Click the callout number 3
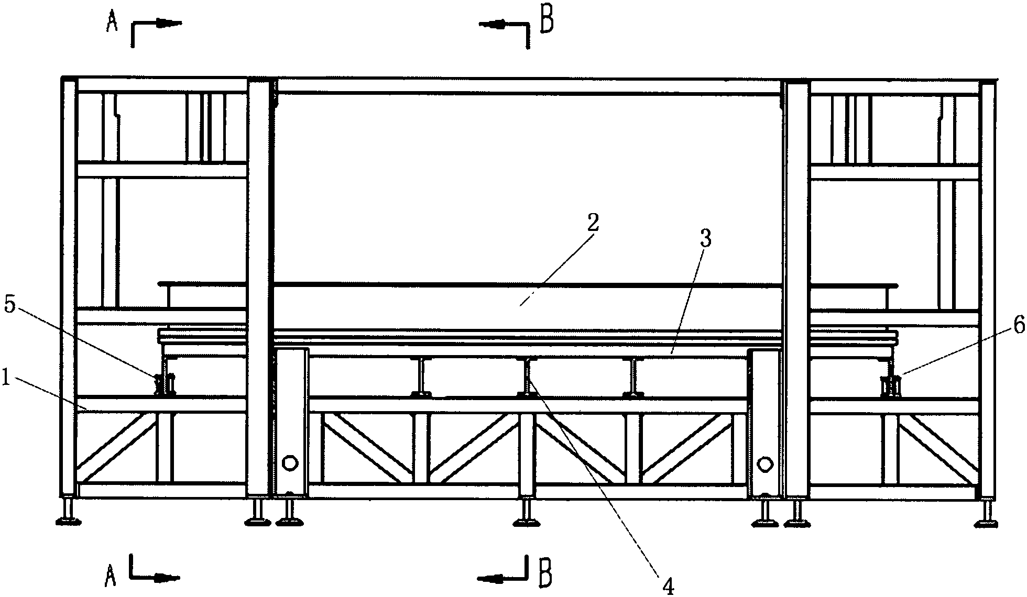tap(705, 239)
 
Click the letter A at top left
tap(111, 23)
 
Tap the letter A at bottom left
tap(111, 577)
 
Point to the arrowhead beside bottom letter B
tap(490, 578)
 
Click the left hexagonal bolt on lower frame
tap(290, 463)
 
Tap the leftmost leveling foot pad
tap(69, 521)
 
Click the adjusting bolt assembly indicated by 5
tap(165, 383)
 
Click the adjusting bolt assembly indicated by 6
tap(890, 386)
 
